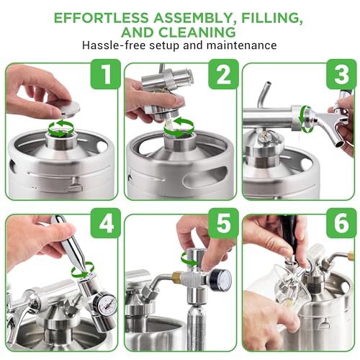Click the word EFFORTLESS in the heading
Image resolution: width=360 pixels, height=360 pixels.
(101, 18)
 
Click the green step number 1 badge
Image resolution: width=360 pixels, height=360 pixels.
(106, 74)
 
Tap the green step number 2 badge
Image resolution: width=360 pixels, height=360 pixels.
(224, 74)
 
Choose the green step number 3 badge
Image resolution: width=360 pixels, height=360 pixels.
(342, 74)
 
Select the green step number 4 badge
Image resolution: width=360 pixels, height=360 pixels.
(106, 223)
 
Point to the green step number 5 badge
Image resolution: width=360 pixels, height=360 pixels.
(224, 223)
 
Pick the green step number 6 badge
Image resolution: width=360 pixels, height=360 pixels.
(342, 223)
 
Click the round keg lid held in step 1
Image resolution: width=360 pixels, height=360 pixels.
(69, 109)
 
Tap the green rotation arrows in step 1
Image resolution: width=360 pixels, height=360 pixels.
(60, 128)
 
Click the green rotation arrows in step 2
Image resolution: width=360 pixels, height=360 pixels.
(179, 128)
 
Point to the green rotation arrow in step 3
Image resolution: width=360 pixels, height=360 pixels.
(303, 119)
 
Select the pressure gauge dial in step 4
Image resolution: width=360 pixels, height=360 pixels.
(105, 307)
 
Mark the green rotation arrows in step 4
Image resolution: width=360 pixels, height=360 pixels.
(83, 269)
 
